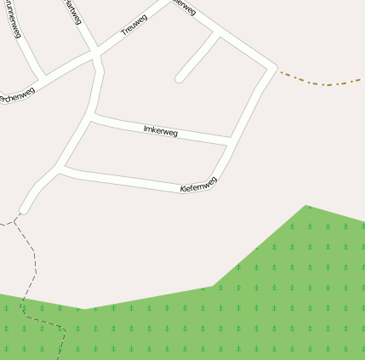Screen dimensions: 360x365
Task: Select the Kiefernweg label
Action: (x=199, y=184)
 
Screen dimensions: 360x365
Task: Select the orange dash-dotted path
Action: (x=323, y=83)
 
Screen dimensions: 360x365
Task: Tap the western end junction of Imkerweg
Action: (x=93, y=118)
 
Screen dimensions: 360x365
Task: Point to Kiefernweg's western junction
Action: (x=60, y=170)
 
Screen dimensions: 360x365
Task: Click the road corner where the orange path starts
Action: (x=274, y=66)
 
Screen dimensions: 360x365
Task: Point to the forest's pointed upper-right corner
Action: (x=307, y=206)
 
